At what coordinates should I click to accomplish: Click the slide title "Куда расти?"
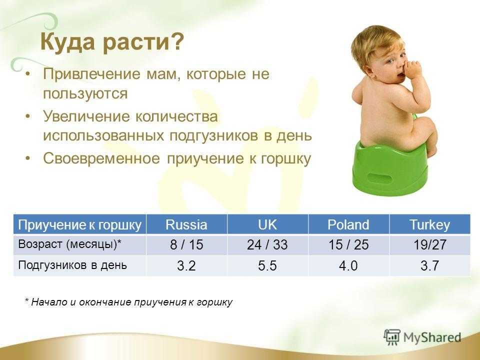[112, 41]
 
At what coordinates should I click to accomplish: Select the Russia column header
[186, 224]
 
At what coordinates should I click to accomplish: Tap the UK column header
[267, 224]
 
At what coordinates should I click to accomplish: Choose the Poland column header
[348, 224]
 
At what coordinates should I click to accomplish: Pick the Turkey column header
[430, 224]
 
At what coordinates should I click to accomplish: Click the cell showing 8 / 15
[186, 245]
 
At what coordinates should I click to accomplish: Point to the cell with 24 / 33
[267, 245]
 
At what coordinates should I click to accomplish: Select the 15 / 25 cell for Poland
[348, 245]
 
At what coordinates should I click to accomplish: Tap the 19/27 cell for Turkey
[430, 245]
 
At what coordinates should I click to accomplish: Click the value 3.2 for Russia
[186, 265]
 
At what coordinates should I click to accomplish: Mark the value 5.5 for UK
[267, 265]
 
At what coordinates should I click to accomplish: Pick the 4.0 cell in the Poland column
[348, 265]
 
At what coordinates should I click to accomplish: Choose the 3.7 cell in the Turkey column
[430, 265]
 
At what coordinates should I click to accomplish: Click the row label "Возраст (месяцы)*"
[70, 244]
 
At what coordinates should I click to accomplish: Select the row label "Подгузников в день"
[72, 265]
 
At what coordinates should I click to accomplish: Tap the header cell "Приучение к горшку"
[79, 224]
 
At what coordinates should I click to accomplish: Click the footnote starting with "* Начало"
[128, 302]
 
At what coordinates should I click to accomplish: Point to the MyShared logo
[422, 337]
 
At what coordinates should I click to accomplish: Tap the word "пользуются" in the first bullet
[85, 93]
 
